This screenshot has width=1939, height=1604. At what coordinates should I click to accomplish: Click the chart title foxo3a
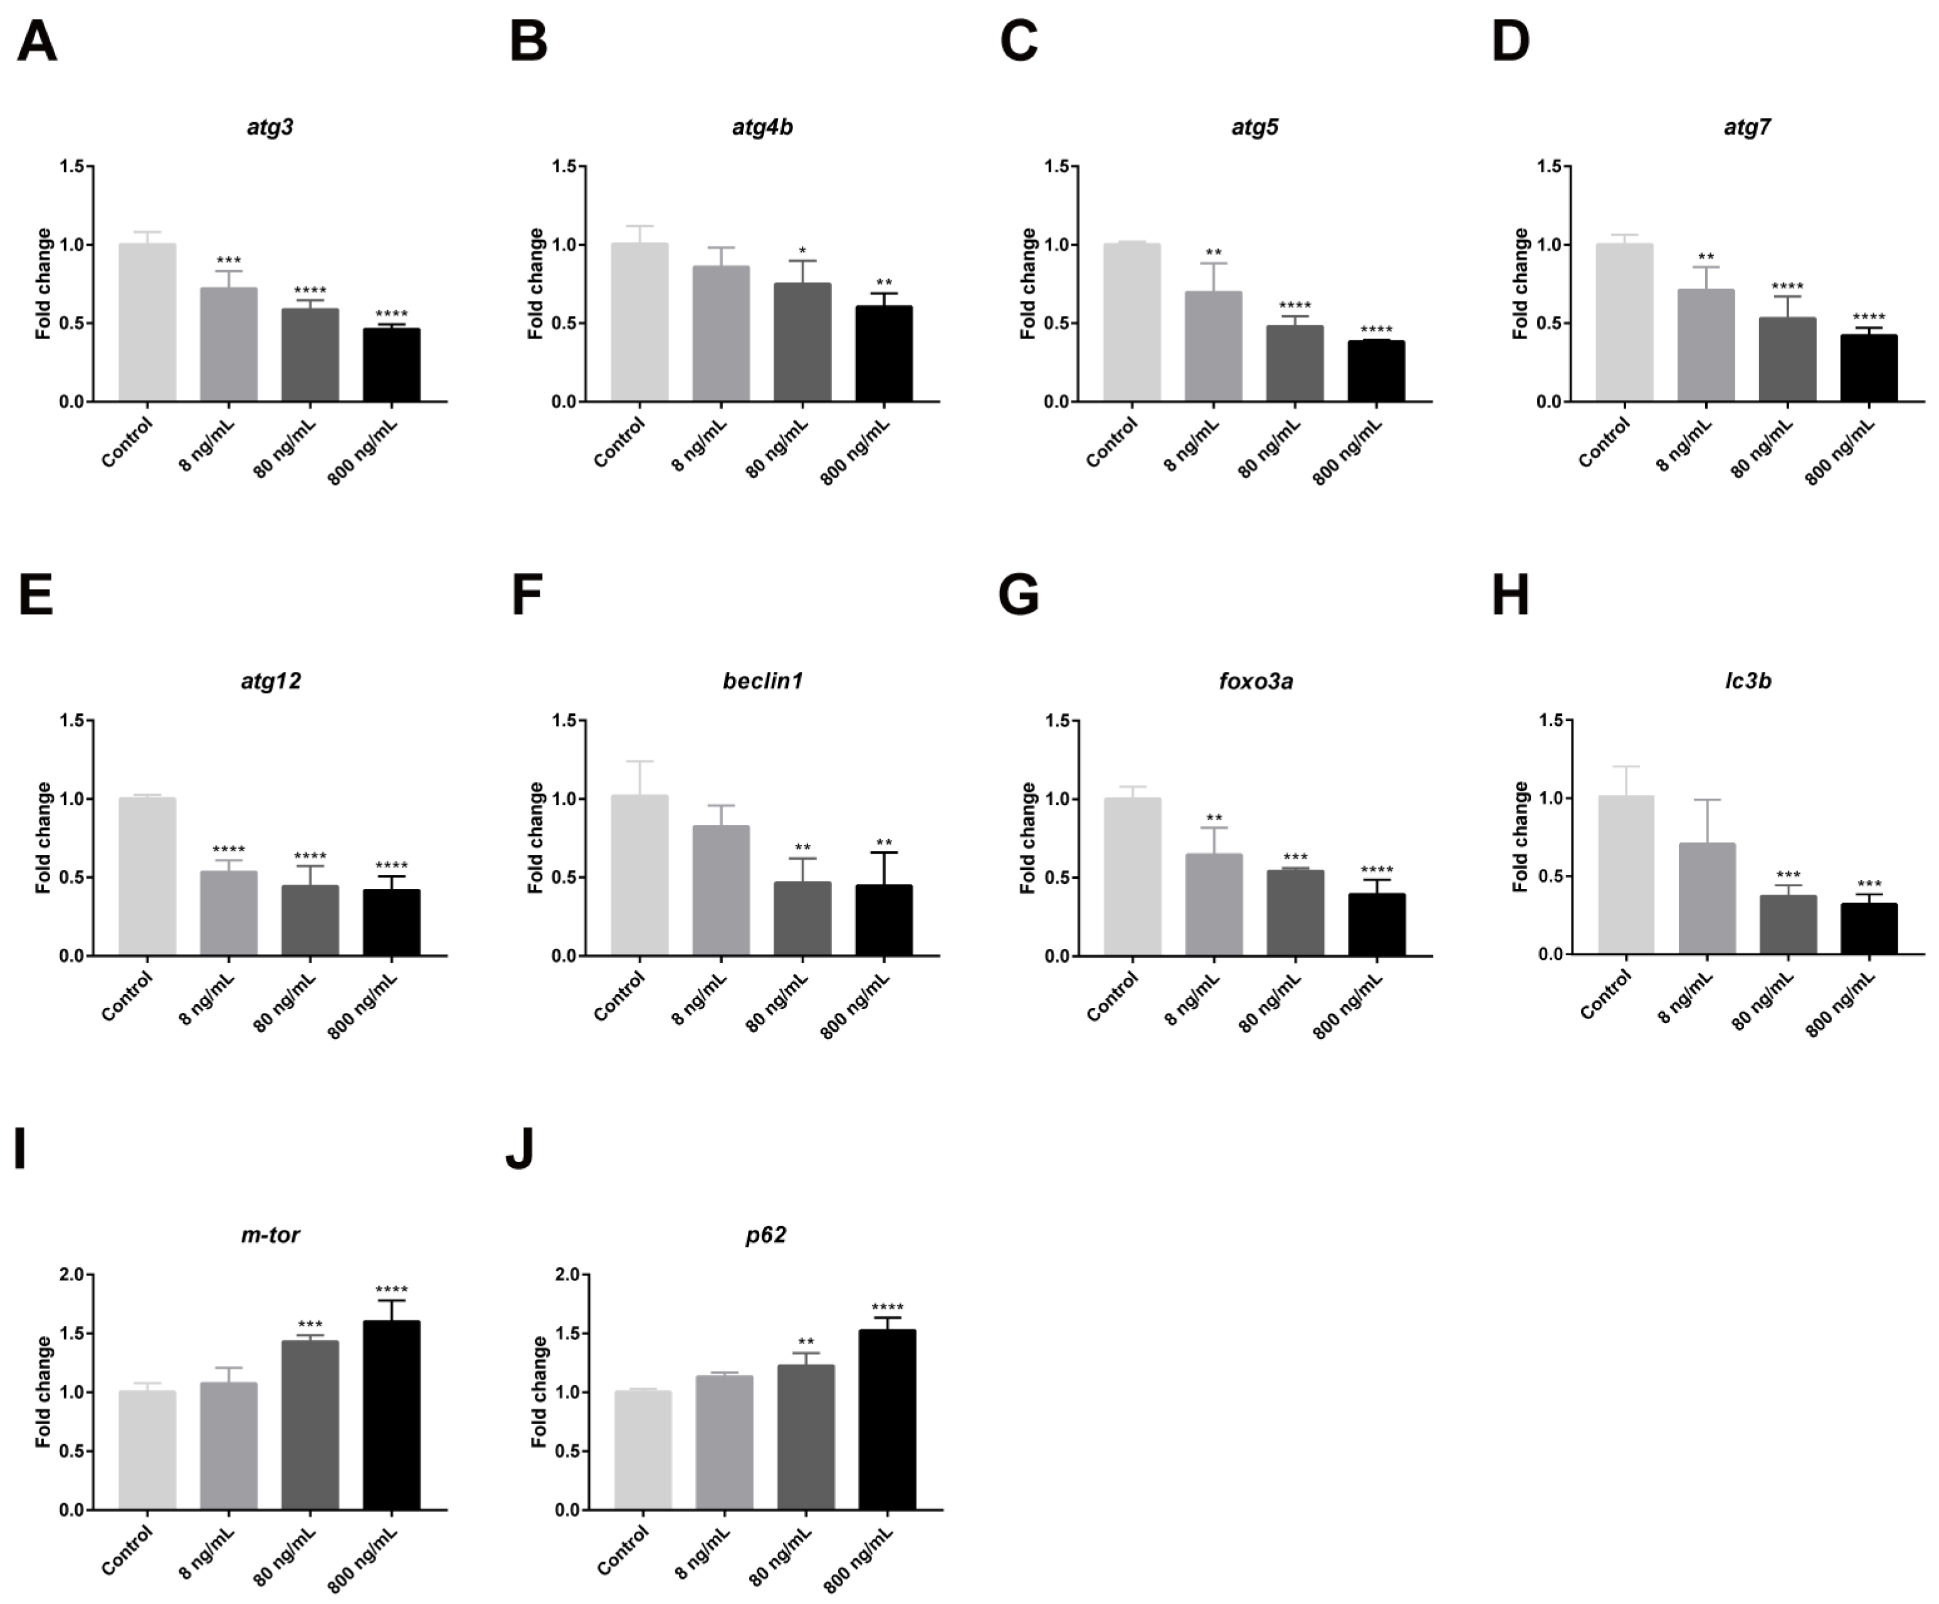coord(1255,681)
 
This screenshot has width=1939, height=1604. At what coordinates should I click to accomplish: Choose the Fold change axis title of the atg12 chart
coord(43,837)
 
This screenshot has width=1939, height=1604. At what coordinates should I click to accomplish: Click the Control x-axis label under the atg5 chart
coord(1111,443)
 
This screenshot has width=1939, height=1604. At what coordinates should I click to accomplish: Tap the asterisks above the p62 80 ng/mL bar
coord(806,1343)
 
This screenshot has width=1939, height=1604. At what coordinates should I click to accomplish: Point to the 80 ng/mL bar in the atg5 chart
coord(1295,364)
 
